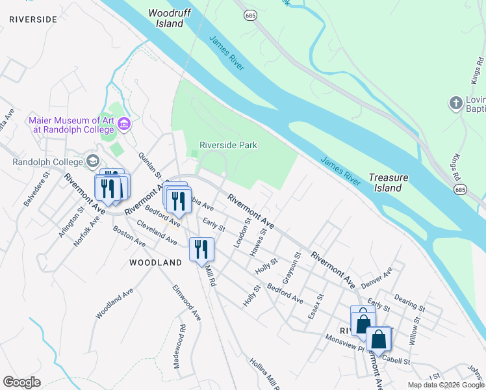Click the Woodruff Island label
166,18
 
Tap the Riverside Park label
228,146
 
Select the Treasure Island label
388,183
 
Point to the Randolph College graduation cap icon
92,161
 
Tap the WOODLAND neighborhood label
155,263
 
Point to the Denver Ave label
377,278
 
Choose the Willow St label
414,335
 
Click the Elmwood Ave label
186,302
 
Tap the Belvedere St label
36,189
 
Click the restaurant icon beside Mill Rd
201,249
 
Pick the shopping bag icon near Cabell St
378,339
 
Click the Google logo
21,382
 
